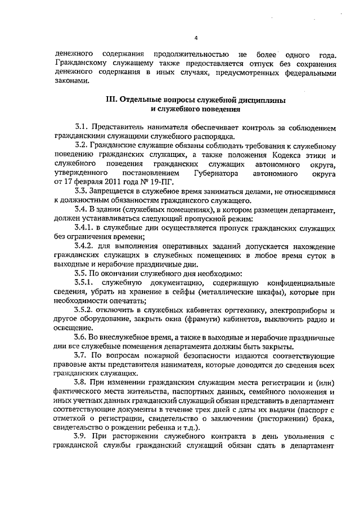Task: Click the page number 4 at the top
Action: click(196, 38)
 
